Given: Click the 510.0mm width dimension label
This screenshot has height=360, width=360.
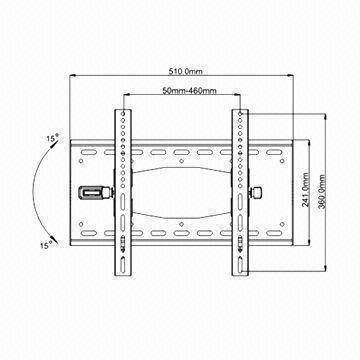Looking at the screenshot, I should click(183, 72).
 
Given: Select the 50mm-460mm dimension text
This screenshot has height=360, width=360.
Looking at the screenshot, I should click(182, 93).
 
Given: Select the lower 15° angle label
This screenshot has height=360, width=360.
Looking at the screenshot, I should click(46, 244).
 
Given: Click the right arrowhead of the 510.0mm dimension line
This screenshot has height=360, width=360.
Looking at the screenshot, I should click(297, 79).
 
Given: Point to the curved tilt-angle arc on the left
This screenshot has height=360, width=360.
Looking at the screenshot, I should click(36, 190).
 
